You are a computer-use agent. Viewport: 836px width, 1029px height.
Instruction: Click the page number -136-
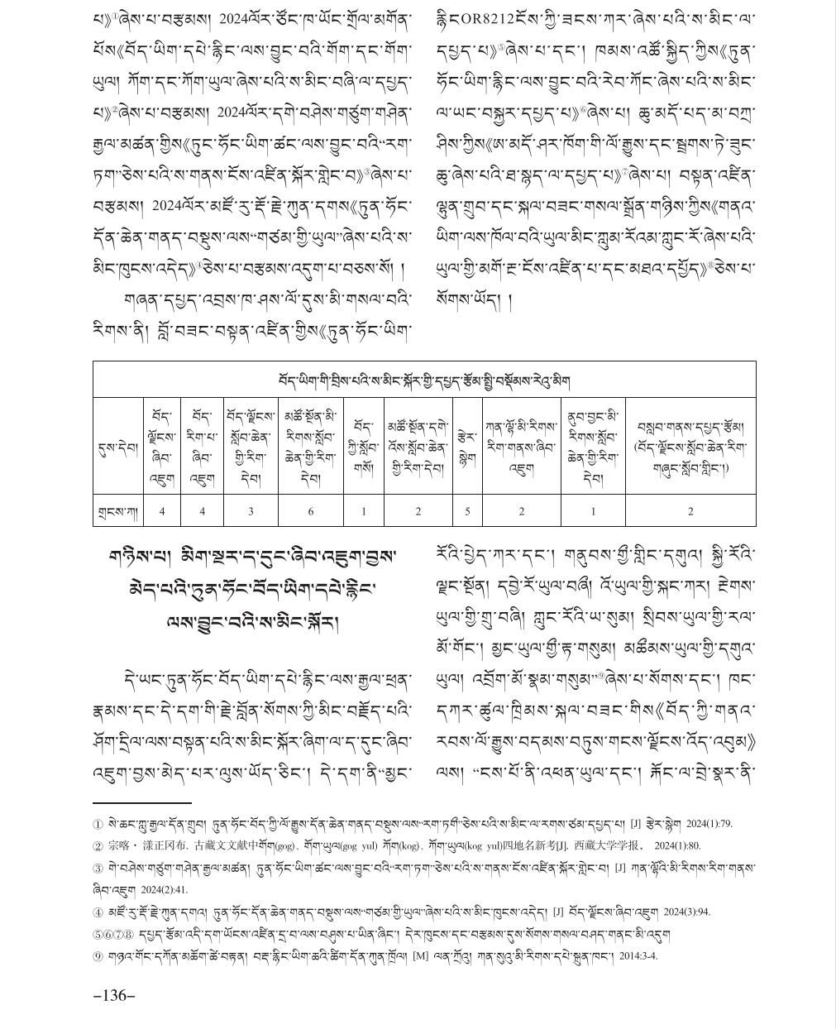click(114, 995)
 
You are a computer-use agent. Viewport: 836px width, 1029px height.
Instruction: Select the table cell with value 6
click(311, 511)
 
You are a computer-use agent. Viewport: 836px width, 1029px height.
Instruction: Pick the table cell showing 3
click(251, 511)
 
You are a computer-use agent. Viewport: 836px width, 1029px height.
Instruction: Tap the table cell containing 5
click(467, 511)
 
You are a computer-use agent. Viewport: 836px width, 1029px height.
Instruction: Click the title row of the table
click(424, 380)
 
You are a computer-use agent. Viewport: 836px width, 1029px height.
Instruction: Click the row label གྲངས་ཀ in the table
click(116, 511)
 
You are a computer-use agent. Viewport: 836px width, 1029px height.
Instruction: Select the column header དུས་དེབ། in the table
click(116, 447)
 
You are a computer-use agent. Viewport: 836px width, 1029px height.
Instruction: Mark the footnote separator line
click(142, 802)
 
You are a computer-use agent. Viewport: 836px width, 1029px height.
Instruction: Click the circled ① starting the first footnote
click(98, 824)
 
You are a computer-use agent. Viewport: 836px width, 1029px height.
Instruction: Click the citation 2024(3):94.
click(686, 912)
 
